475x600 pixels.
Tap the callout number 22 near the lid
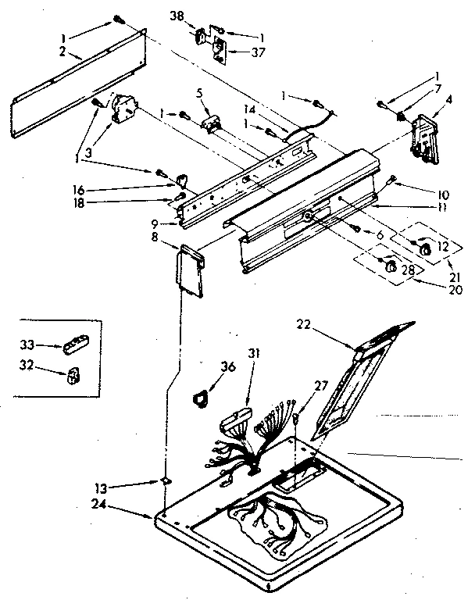pos(304,326)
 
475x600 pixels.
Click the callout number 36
pos(228,366)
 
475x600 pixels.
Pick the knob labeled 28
pos(388,268)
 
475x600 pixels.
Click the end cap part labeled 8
pos(190,270)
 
